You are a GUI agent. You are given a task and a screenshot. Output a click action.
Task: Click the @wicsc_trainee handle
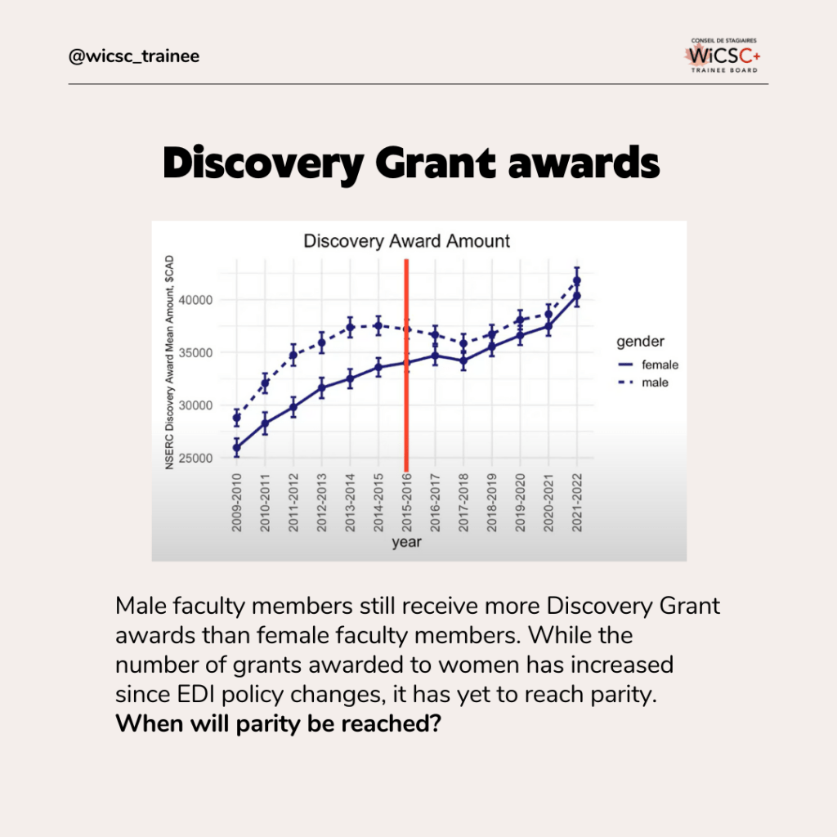click(134, 56)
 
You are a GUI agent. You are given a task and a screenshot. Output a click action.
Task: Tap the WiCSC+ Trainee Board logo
click(723, 55)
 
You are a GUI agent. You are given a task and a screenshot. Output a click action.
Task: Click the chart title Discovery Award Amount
click(407, 241)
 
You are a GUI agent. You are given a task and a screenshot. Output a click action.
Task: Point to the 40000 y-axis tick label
click(195, 300)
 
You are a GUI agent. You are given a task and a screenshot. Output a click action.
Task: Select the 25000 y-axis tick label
click(195, 458)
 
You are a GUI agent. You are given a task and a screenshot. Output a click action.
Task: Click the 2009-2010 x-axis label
click(236, 503)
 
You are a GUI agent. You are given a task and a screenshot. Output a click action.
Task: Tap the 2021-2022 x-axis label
click(576, 503)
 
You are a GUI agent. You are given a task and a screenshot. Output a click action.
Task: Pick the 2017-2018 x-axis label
click(463, 503)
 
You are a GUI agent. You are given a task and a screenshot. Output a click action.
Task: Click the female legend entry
click(648, 365)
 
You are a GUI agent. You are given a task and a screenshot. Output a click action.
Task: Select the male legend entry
click(643, 383)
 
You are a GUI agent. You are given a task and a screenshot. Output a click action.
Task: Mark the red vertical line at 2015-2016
click(406, 365)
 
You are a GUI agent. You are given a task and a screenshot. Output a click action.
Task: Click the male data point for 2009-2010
click(236, 418)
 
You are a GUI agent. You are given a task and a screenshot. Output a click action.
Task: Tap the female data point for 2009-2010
click(236, 448)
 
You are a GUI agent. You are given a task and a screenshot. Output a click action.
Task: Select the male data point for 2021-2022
click(576, 281)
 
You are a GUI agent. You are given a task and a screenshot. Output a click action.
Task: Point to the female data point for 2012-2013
click(321, 388)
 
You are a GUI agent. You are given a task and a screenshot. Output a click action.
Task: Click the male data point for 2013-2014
click(350, 327)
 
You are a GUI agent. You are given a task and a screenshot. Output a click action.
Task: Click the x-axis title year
click(407, 543)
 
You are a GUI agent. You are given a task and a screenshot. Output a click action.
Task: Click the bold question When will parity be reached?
click(279, 724)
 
